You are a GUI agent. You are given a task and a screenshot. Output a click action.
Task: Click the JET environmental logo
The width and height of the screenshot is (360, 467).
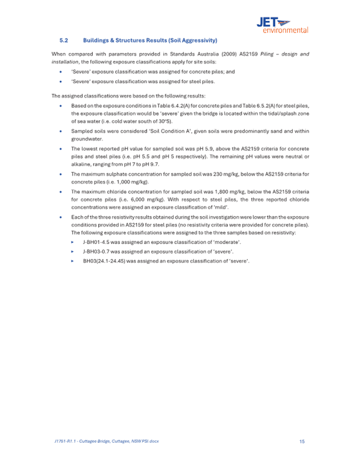(282, 24)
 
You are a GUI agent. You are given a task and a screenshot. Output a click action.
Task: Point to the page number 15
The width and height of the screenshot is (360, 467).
(302, 441)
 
